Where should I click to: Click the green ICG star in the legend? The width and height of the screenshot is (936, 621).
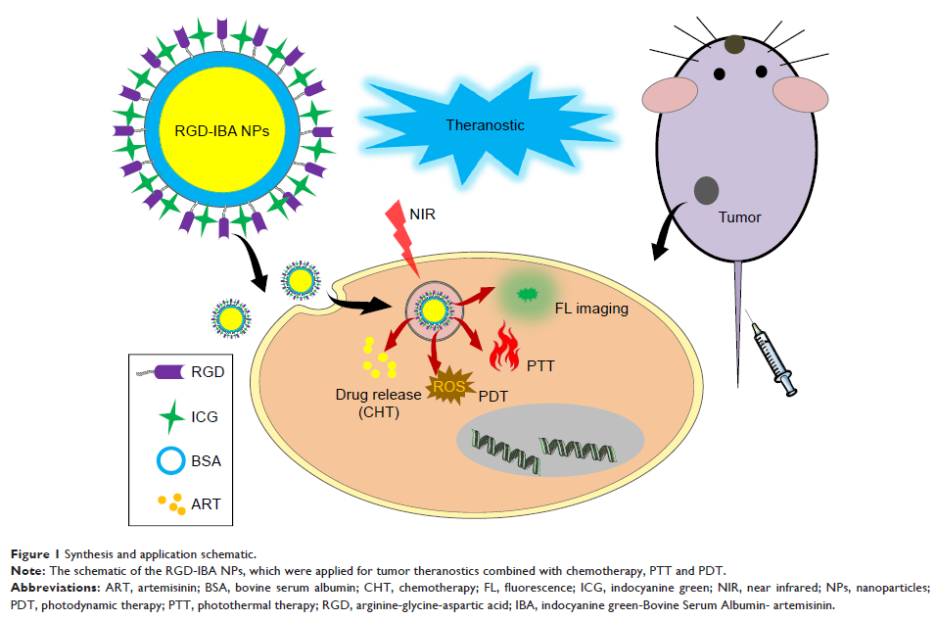[170, 415]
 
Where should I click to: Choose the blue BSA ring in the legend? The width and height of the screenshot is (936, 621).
[169, 458]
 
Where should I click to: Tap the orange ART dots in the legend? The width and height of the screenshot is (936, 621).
[171, 502]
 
